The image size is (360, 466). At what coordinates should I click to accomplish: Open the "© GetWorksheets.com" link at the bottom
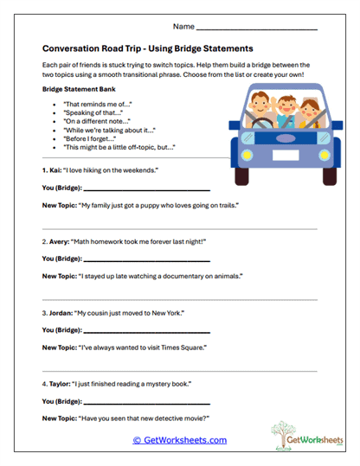point(179,440)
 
